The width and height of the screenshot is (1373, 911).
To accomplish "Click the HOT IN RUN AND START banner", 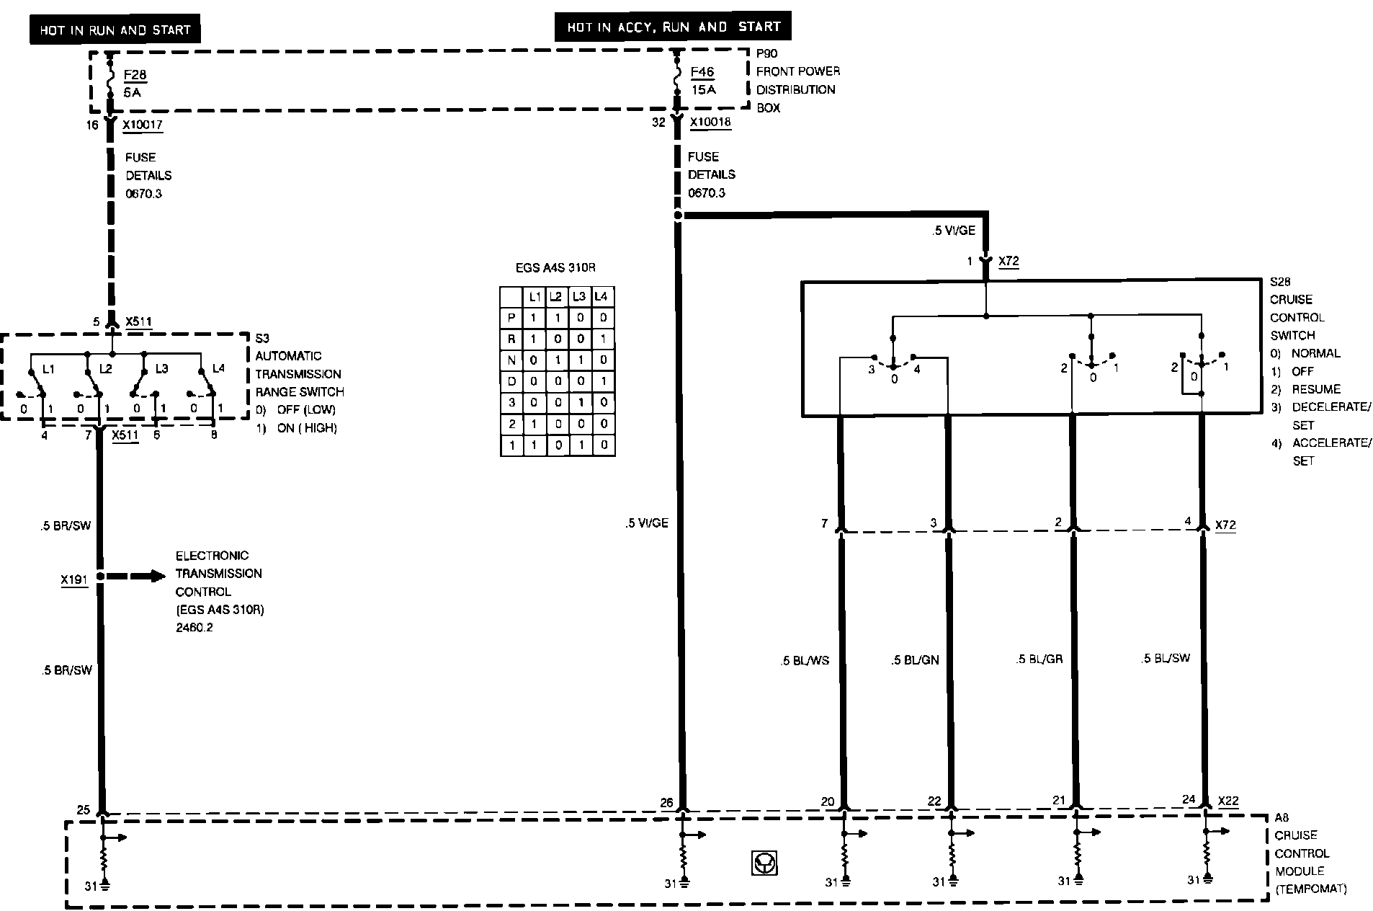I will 115,30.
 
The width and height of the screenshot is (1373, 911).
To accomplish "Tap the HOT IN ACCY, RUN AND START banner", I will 674,27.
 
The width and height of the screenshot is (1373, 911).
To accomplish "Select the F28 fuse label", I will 135,75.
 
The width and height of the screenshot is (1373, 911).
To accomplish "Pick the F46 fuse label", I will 702,72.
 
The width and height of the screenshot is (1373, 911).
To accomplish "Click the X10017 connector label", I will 143,125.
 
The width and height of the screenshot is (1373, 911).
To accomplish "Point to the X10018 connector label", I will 710,122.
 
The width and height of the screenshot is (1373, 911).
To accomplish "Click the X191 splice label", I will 74,579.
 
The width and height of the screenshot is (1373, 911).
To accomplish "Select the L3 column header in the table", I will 580,296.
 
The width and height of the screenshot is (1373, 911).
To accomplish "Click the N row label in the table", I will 511,360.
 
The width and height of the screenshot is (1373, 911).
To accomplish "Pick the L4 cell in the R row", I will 603,339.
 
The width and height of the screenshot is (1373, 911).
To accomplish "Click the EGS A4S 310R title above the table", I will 555,268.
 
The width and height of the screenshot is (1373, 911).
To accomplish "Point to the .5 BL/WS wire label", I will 805,660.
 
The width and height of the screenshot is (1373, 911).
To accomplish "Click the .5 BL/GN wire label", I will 915,660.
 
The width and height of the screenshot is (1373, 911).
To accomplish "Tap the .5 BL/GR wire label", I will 1039,659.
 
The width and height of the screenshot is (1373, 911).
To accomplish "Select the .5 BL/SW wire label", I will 1166,658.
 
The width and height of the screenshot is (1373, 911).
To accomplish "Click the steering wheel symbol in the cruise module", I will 764,863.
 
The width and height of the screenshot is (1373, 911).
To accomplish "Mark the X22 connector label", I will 1228,801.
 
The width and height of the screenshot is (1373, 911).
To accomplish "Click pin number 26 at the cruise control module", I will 666,802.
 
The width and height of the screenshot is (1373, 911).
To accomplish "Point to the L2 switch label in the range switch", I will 106,368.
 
